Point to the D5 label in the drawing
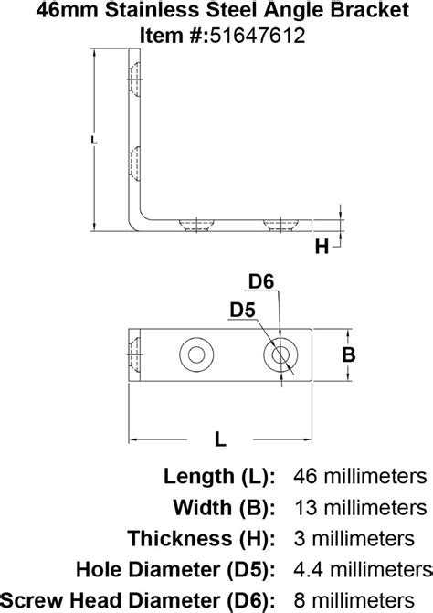(x=241, y=311)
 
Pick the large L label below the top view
(x=219, y=439)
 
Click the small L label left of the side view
(x=95, y=139)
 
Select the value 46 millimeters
(x=360, y=477)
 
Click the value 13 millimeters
(x=360, y=507)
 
